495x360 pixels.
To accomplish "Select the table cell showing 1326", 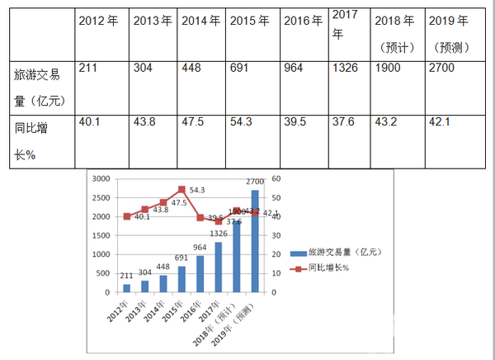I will (x=345, y=67).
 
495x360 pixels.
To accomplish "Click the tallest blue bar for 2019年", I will (x=255, y=241).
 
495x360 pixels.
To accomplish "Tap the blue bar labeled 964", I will (x=200, y=274).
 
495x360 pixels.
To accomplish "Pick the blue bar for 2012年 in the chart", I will (x=127, y=288).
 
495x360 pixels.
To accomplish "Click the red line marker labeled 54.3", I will (x=181, y=189).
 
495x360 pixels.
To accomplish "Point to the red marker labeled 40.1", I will (x=127, y=216).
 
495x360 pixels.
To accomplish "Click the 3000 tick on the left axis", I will (x=100, y=178).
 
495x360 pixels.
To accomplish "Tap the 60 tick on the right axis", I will (x=278, y=178).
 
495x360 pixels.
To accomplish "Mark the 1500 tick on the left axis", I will (x=100, y=235).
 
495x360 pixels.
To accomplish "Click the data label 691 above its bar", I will (x=181, y=258).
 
